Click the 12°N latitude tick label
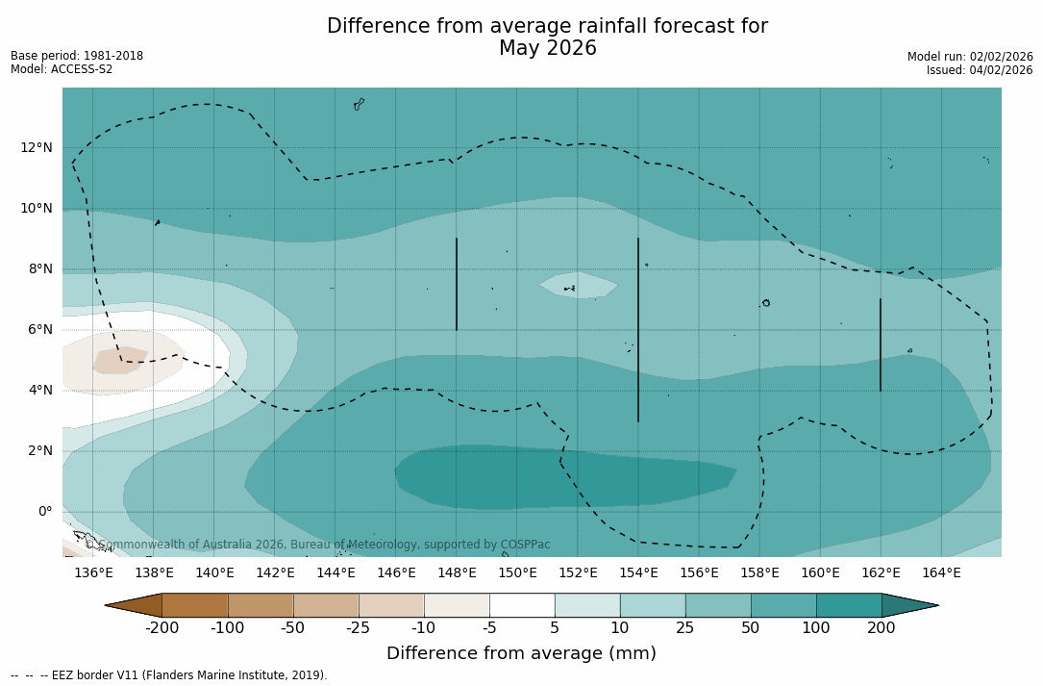[x=37, y=147]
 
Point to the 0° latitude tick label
[x=44, y=511]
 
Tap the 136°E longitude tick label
[x=93, y=572]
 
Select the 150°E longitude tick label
[x=517, y=572]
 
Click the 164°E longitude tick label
[x=941, y=572]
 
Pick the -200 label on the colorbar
[x=161, y=628]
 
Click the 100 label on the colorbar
[x=816, y=628]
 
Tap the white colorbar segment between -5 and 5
[x=522, y=605]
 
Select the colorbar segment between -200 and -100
[x=195, y=605]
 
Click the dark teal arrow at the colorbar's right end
[x=908, y=605]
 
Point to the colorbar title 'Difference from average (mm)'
[x=521, y=653]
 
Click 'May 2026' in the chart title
[x=547, y=48]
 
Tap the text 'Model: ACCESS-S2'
[x=62, y=69]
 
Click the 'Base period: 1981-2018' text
[x=77, y=56]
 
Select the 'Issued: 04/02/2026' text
[x=980, y=70]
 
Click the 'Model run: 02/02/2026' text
[x=970, y=57]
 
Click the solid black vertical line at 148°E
[x=457, y=284]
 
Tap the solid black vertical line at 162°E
[x=881, y=344]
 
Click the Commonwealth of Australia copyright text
[x=319, y=545]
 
